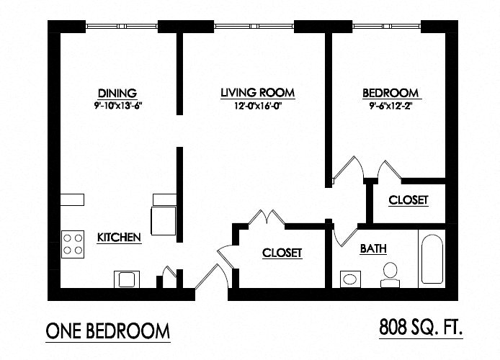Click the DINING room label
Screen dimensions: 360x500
(117, 93)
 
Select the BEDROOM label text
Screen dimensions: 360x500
(390, 93)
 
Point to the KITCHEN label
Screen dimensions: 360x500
(119, 237)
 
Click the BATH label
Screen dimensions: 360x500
(373, 249)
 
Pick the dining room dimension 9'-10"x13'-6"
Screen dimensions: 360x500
(117, 106)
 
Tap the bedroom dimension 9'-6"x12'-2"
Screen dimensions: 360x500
(390, 106)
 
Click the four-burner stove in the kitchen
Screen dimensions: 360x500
(73, 243)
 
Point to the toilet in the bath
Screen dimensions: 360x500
(390, 273)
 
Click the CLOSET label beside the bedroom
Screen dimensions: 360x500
(409, 200)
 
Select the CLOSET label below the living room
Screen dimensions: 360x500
(282, 253)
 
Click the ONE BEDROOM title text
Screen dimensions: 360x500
(108, 331)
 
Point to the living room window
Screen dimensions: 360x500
(254, 27)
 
